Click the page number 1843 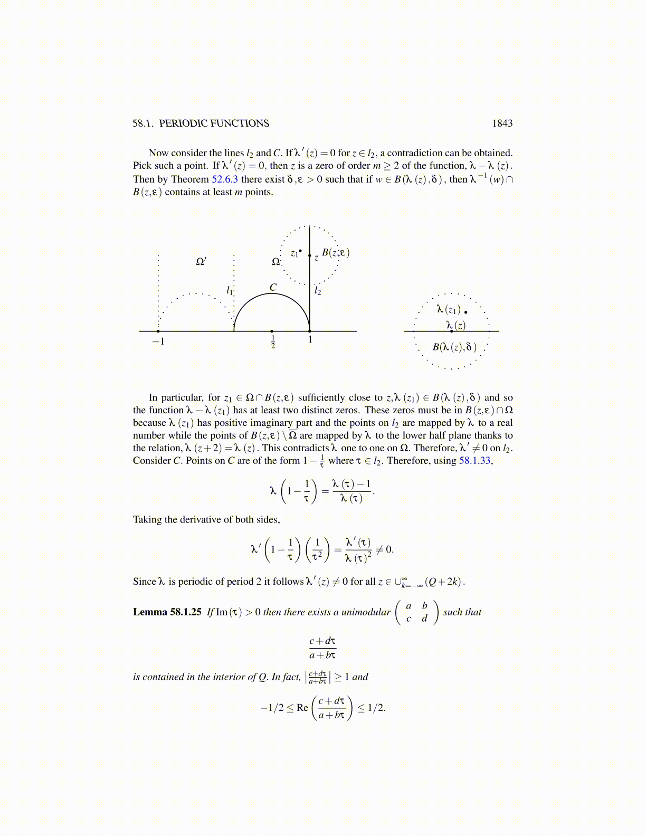coord(502,123)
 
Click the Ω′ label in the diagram coord(201,261)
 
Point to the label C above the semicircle coord(273,288)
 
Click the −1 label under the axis coord(158,341)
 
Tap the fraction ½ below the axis coord(273,342)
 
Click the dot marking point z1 coord(300,251)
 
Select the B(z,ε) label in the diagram coord(336,253)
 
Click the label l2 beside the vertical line coord(318,291)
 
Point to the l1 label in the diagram coord(229,290)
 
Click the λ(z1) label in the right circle coord(449,310)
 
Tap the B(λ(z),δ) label coord(454,347)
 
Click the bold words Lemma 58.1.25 coord(167,612)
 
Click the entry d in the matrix coord(424,619)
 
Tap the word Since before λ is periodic coord(145,582)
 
